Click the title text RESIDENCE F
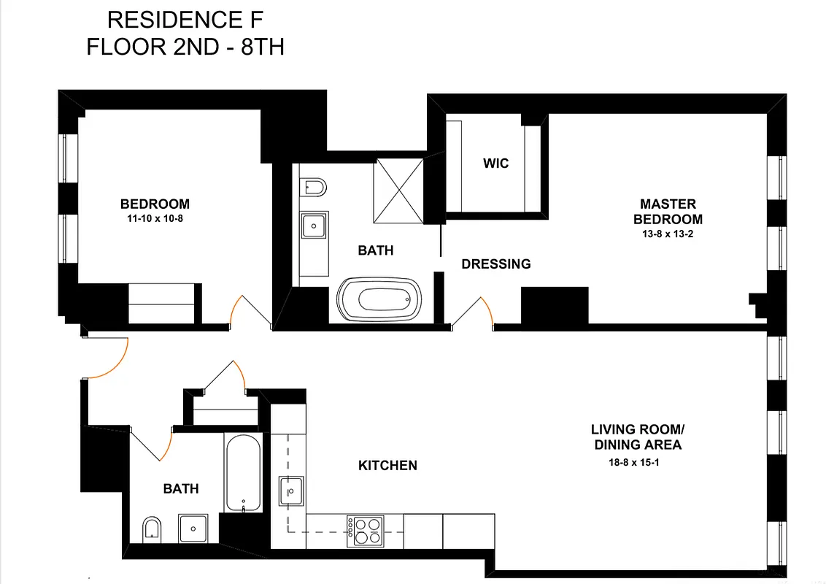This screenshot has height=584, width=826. pos(185,19)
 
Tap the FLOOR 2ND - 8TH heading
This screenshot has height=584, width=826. pos(185,47)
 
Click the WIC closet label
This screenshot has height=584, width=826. pos(495,164)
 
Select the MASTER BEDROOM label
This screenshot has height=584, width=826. pos(668,212)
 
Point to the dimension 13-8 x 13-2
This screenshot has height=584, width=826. pos(668,234)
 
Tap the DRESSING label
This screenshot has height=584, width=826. pos(496,264)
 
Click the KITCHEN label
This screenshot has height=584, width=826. pos(387,465)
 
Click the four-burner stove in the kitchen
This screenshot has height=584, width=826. pos(366,530)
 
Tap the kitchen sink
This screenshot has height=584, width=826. pos(292,491)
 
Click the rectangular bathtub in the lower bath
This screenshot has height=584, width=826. pos(242,472)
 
